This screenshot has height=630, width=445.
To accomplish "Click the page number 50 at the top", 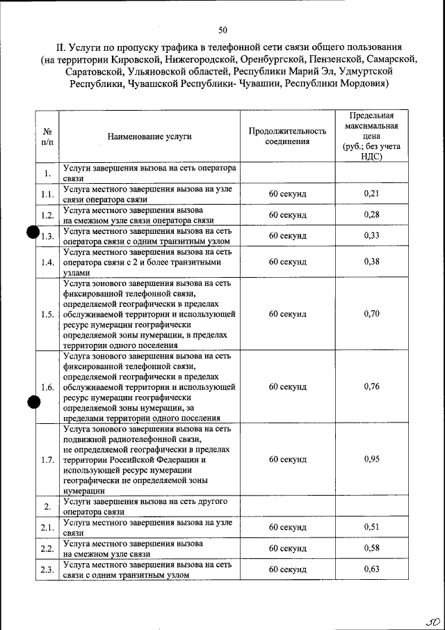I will tap(222, 30).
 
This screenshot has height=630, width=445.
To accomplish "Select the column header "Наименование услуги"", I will tap(149, 136).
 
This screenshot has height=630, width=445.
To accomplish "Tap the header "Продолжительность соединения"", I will tap(287, 136).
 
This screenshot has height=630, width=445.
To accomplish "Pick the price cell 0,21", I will tap(371, 193).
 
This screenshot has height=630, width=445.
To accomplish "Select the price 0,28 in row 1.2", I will tap(371, 214).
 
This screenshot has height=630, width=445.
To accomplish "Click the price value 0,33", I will tap(371, 235).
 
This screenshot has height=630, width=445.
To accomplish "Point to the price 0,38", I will tap(371, 262).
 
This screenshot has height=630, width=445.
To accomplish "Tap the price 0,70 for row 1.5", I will tap(371, 313).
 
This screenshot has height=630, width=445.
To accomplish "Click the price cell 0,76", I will tap(371, 386).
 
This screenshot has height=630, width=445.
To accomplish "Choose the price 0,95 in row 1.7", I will tap(371, 459).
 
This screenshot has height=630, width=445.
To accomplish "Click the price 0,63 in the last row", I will tap(371, 569).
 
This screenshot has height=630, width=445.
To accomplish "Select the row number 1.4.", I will tap(47, 262).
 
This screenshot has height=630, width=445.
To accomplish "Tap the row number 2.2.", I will tap(47, 549).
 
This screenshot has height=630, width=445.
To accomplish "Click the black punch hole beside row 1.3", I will tap(32, 235).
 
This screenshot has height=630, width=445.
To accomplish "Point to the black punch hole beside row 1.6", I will tap(32, 402).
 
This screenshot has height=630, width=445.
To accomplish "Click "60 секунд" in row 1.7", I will tap(287, 459).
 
